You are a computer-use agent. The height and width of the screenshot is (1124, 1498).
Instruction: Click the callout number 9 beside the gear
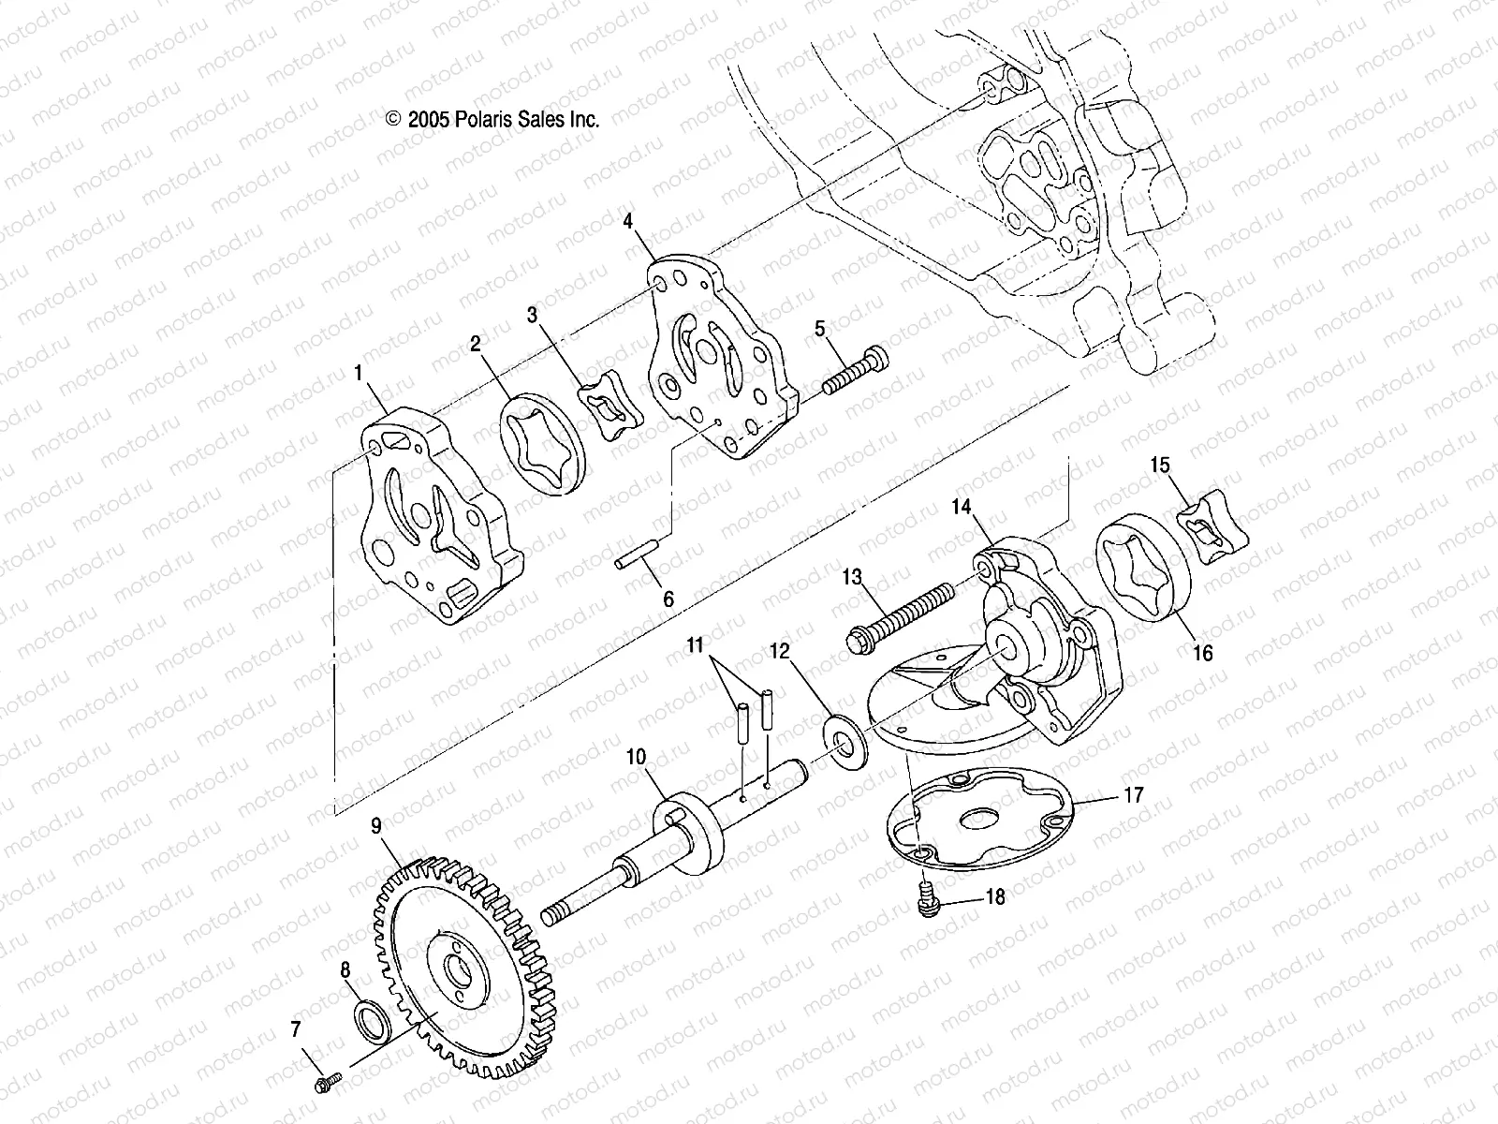(376, 825)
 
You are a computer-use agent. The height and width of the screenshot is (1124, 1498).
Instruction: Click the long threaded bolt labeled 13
(899, 614)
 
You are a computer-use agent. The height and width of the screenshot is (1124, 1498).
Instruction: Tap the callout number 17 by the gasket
(1133, 796)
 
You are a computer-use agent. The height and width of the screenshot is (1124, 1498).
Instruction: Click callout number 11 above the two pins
(694, 644)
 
